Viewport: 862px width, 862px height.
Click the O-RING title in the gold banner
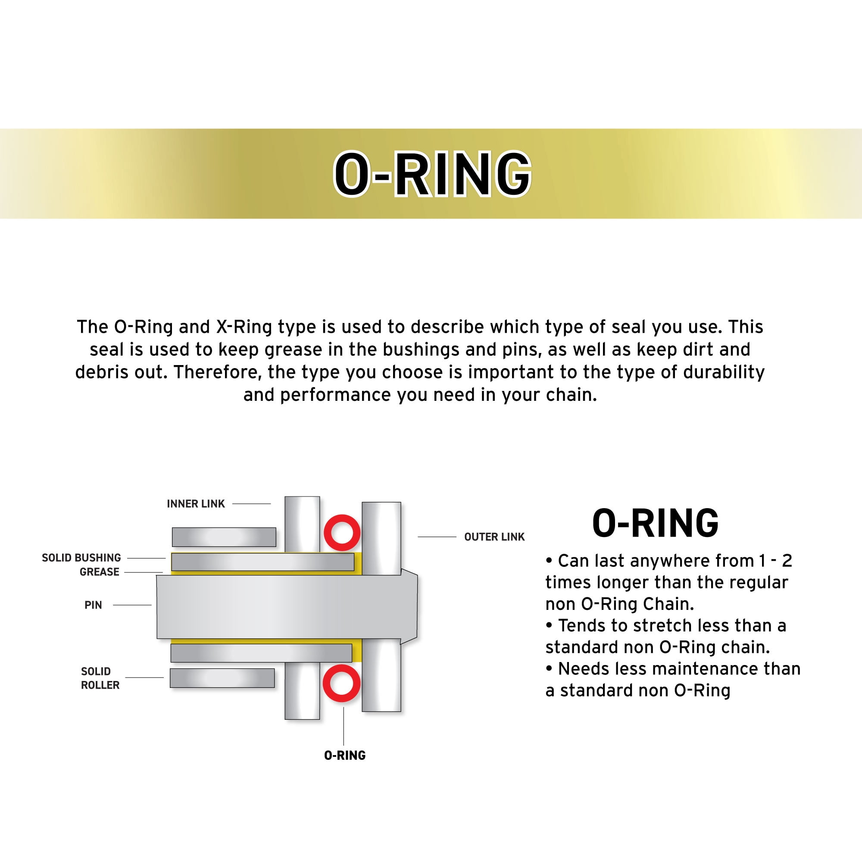click(x=432, y=174)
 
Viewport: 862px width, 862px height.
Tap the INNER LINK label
click(x=195, y=504)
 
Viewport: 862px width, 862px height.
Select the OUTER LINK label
click(x=494, y=537)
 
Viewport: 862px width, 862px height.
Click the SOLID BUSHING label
click(x=81, y=558)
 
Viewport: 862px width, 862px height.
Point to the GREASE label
click(x=99, y=572)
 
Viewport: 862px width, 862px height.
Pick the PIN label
click(x=93, y=605)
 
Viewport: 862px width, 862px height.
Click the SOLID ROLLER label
click(x=100, y=678)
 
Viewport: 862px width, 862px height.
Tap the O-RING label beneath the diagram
click(x=344, y=756)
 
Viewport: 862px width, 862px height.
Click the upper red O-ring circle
click(x=342, y=533)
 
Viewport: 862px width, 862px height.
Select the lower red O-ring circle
click(x=341, y=683)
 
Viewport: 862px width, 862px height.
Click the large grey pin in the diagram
click(x=286, y=607)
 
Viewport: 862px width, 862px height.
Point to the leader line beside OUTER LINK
click(x=436, y=537)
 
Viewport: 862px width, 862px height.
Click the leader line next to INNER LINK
click(x=251, y=504)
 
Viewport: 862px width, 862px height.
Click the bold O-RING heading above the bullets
click(x=655, y=523)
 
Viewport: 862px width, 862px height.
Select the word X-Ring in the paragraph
click(x=244, y=327)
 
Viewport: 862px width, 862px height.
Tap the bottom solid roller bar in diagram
click(x=222, y=678)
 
